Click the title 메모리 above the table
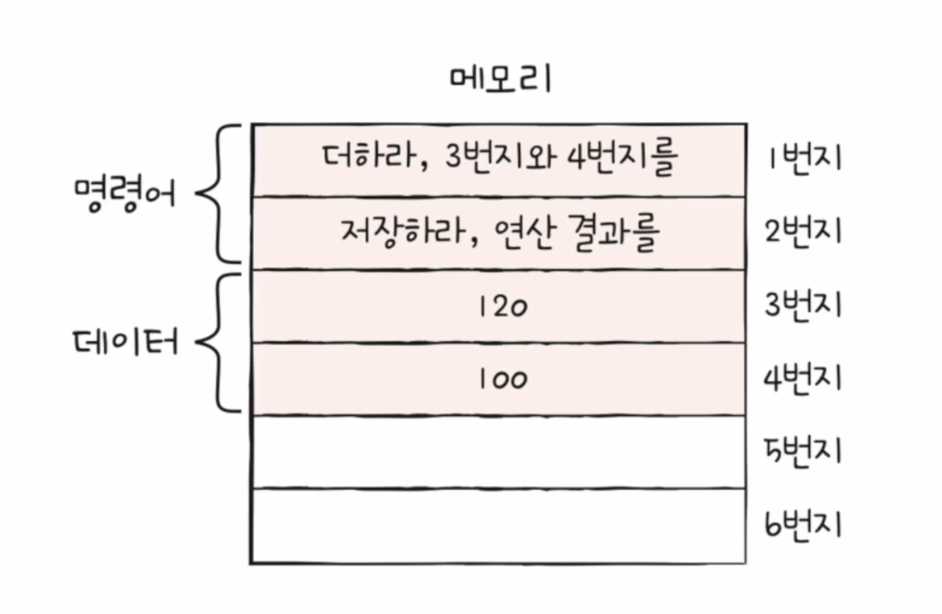(x=501, y=79)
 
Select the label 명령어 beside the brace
(x=126, y=193)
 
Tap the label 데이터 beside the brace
(x=126, y=342)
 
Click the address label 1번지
(x=804, y=158)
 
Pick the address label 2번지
(x=803, y=231)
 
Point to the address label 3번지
(x=803, y=305)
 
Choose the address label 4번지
(x=803, y=378)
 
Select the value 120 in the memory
(x=503, y=307)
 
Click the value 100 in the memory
(x=503, y=380)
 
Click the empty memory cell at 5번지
(x=498, y=451)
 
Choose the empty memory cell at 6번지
(x=498, y=525)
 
